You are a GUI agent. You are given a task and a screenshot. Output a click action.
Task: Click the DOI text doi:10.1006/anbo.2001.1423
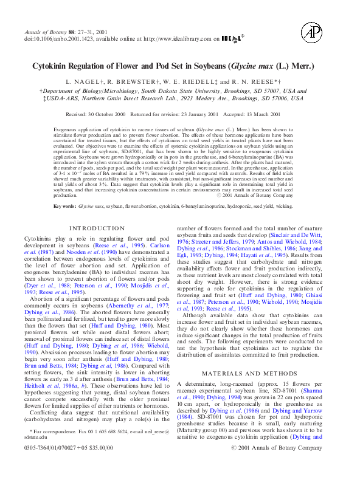click(x=60, y=39)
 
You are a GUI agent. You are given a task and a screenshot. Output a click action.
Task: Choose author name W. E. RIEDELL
click(x=194, y=81)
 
